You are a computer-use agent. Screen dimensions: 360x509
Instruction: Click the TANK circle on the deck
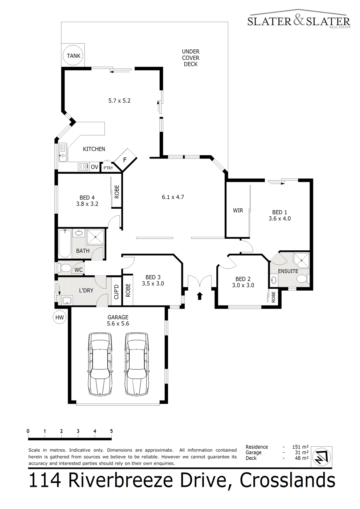tap(74, 56)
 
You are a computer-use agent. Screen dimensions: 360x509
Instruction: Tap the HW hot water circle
tap(60, 317)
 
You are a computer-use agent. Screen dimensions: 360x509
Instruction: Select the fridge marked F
tap(126, 160)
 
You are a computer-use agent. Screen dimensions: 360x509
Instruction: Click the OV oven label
tap(95, 167)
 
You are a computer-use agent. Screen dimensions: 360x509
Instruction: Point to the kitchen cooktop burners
tap(83, 167)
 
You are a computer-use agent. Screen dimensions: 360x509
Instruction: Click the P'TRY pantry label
tap(108, 168)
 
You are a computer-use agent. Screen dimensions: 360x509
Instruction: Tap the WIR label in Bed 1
tap(238, 210)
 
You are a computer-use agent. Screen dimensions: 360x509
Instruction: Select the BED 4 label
tap(87, 198)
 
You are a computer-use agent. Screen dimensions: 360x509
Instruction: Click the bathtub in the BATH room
tap(65, 243)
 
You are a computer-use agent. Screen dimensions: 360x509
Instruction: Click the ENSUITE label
tap(288, 271)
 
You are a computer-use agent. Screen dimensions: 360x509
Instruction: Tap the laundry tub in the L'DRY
tap(67, 300)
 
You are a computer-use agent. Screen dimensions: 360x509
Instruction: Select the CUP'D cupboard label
tap(116, 292)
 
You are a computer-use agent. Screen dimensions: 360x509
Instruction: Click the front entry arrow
tap(200, 296)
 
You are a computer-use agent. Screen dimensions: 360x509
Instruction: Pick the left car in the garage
tap(100, 364)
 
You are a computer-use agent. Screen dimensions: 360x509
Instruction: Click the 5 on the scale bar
tap(111, 431)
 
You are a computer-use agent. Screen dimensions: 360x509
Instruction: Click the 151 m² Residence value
tap(300, 447)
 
